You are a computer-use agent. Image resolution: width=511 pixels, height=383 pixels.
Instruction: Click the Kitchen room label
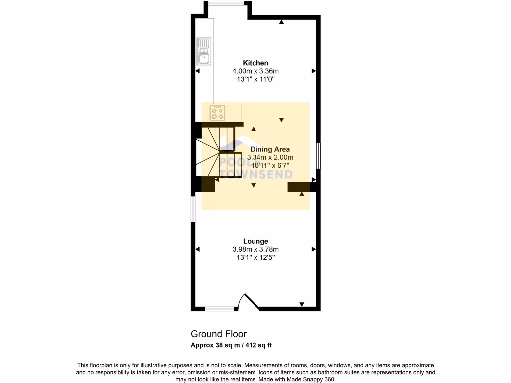[255, 63]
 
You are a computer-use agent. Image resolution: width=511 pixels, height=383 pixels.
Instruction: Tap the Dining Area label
[270, 149]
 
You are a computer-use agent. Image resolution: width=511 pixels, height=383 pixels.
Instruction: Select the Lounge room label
[255, 241]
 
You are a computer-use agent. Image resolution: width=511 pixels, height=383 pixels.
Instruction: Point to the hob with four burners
[217, 113]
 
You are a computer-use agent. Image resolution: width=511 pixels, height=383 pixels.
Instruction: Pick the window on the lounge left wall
[193, 208]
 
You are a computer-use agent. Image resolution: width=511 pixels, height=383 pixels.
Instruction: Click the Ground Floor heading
[219, 334]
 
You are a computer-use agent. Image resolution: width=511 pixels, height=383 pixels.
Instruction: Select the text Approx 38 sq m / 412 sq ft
[231, 345]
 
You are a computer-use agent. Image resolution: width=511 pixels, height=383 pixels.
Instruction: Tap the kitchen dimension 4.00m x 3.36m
[255, 71]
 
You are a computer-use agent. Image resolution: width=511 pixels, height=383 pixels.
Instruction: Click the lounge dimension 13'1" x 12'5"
[255, 257]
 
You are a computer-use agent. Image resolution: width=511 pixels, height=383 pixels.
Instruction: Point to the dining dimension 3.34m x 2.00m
[270, 157]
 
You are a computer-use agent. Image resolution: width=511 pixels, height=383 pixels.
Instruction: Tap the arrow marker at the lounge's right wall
[314, 249]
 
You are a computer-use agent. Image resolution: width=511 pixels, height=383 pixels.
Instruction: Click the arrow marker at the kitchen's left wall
[197, 71]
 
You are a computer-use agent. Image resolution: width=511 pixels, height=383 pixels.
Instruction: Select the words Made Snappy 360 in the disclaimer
[314, 379]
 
